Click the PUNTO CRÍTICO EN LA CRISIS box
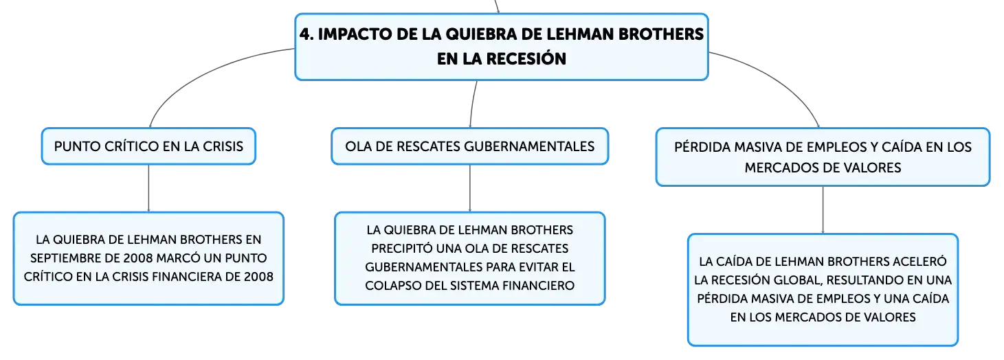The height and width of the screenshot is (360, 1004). [148, 146]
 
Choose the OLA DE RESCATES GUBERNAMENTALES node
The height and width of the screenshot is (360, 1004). [470, 146]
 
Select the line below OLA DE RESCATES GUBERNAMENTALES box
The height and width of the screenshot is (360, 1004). [470, 188]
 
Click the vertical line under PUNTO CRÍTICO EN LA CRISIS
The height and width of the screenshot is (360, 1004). [148, 188]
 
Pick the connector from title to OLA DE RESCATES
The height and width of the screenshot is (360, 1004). [472, 104]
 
